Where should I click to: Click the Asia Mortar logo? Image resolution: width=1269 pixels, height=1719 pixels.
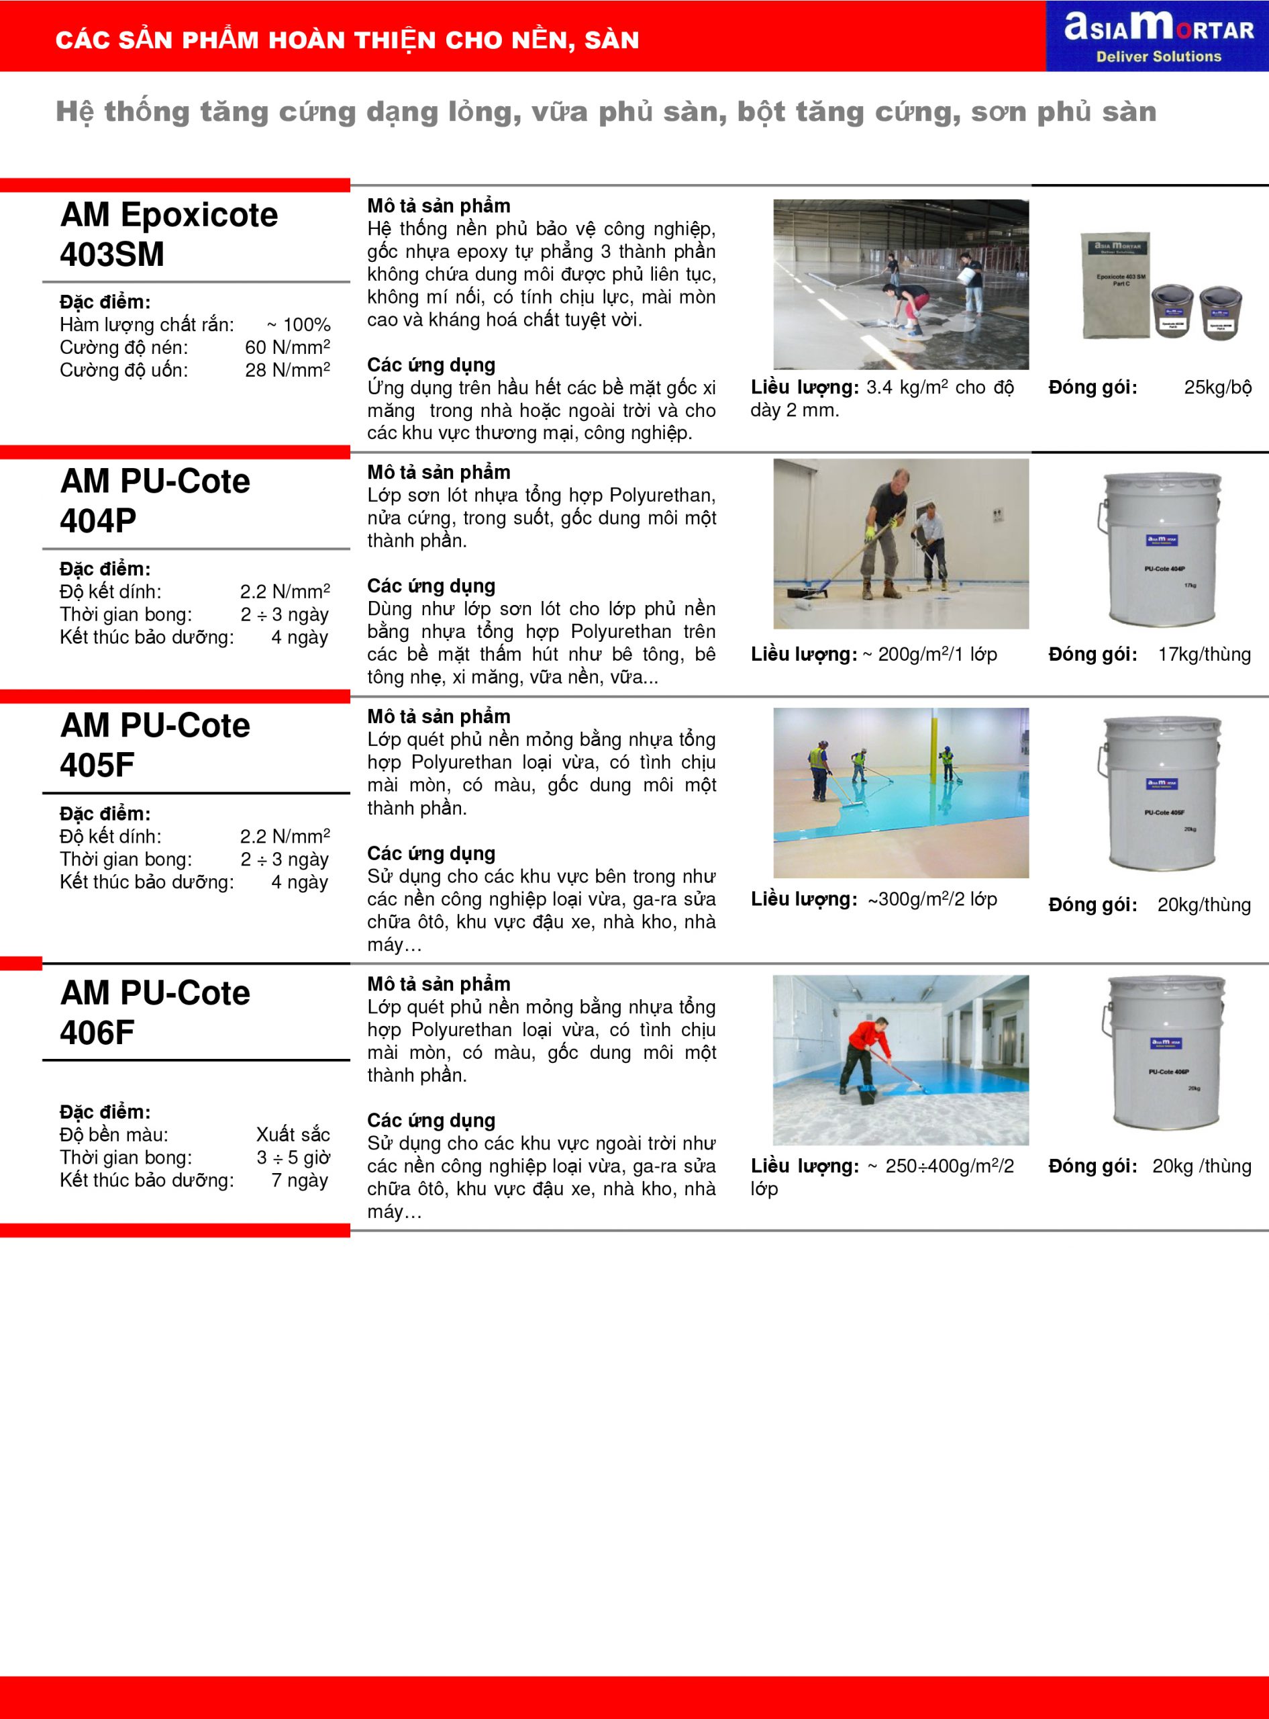click(1158, 36)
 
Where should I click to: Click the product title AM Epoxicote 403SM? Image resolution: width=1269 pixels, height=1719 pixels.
click(169, 234)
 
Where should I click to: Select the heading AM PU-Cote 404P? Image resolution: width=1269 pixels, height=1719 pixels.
click(154, 500)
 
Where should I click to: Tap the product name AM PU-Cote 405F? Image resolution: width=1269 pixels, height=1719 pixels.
click(154, 745)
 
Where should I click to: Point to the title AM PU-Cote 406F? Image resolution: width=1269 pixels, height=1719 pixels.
click(154, 1012)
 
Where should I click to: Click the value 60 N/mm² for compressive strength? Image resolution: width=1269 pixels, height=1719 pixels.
click(287, 347)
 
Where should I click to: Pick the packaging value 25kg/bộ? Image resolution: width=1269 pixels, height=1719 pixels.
click(1217, 387)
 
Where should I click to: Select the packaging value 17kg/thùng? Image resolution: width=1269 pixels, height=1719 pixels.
click(1204, 654)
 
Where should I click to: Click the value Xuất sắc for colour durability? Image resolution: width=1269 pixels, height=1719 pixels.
click(293, 1134)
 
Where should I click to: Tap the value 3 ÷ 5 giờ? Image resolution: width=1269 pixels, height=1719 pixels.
click(293, 1157)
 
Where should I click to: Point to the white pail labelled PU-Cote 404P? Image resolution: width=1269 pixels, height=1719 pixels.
click(1162, 548)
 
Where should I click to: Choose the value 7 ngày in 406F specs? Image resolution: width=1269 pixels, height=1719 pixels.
click(299, 1180)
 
